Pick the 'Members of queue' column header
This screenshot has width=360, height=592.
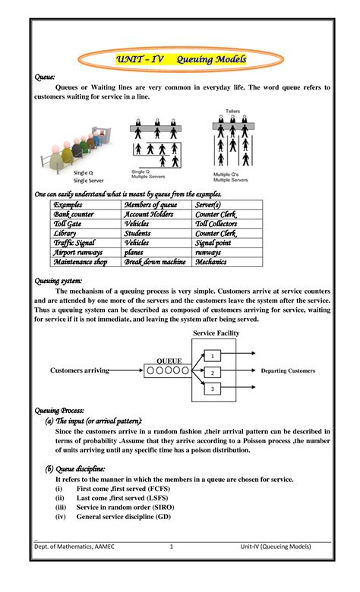click(x=151, y=205)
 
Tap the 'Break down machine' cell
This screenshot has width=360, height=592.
click(x=155, y=262)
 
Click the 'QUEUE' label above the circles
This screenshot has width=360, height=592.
click(x=169, y=360)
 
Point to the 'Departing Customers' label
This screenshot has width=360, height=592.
click(x=287, y=371)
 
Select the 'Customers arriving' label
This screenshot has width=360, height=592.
click(x=80, y=370)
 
